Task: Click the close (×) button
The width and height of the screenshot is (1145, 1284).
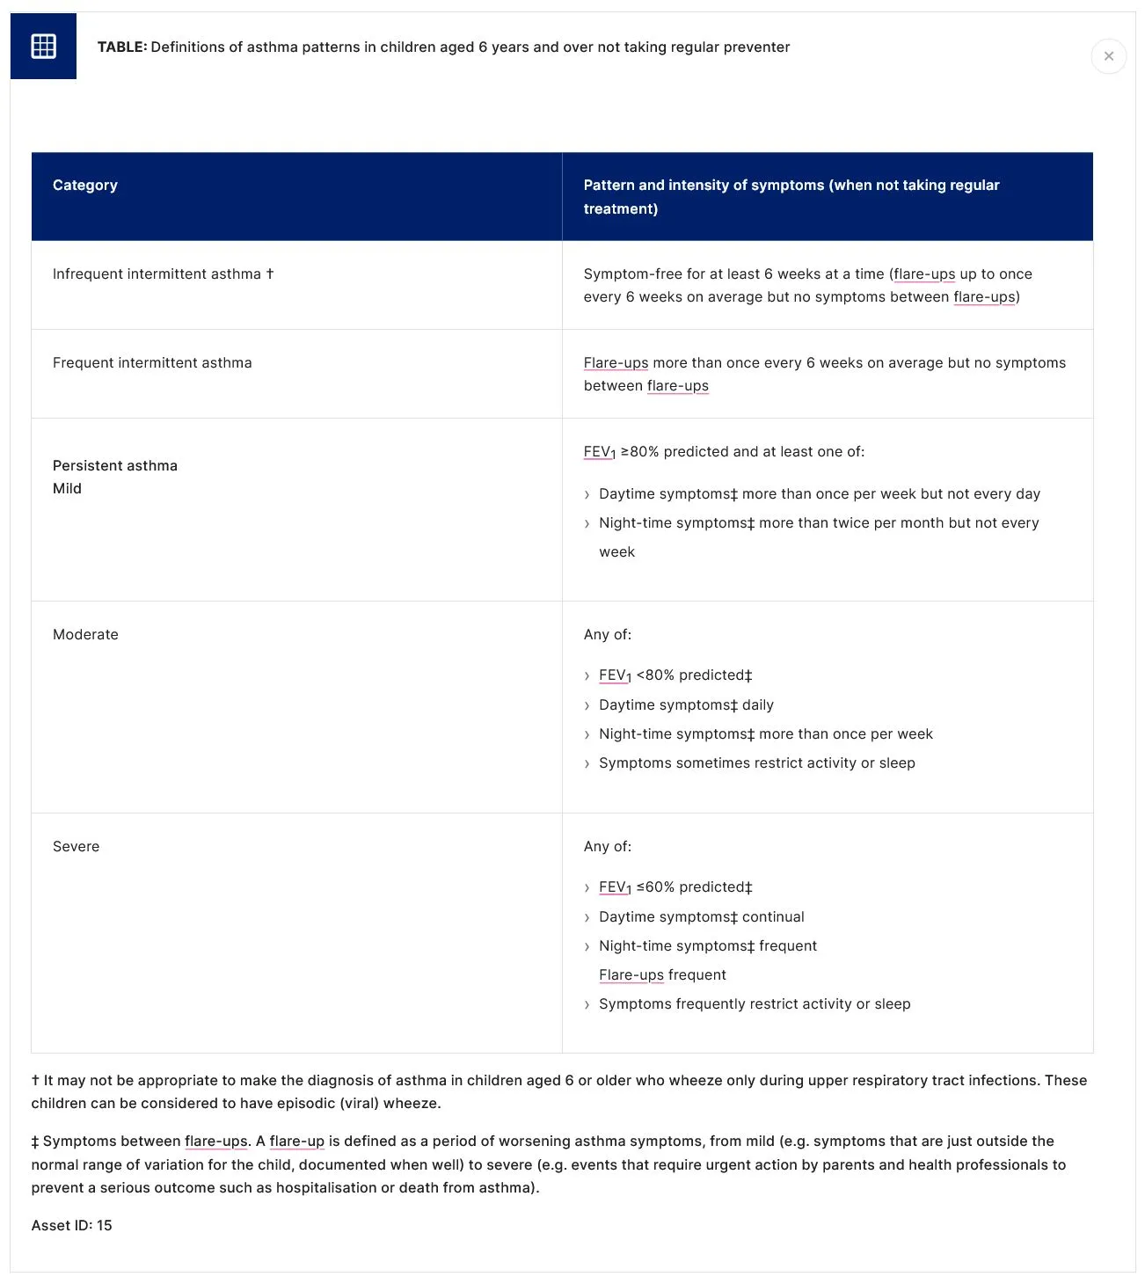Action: [1108, 56]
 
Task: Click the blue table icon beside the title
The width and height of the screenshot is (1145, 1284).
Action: [43, 46]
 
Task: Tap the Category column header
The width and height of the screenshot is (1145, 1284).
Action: [85, 185]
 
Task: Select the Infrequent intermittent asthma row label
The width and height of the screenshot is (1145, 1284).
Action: [157, 274]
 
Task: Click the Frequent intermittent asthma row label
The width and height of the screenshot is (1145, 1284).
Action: [152, 362]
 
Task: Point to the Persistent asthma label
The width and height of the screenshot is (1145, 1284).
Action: [115, 465]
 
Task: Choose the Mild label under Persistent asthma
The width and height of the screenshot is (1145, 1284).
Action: [67, 488]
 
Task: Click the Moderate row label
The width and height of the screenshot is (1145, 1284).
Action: [85, 634]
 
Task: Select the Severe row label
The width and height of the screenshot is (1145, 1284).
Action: [76, 846]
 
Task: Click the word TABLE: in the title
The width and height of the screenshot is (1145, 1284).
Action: [122, 47]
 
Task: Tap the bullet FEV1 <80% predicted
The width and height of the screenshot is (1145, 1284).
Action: [675, 675]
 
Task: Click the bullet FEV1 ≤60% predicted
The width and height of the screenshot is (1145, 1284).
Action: [675, 887]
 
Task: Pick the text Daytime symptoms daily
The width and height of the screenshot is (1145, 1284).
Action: [686, 704]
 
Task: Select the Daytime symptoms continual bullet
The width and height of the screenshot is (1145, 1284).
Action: [701, 916]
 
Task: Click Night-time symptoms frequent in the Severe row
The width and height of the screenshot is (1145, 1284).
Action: [707, 945]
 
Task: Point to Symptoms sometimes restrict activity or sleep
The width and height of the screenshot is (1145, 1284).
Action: [756, 762]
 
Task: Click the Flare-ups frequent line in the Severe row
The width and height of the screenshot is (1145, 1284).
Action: [662, 974]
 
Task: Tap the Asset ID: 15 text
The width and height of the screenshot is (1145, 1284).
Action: [72, 1225]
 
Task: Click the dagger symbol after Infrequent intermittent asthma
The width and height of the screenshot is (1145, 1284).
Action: [270, 274]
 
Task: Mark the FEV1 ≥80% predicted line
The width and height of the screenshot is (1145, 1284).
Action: [724, 452]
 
